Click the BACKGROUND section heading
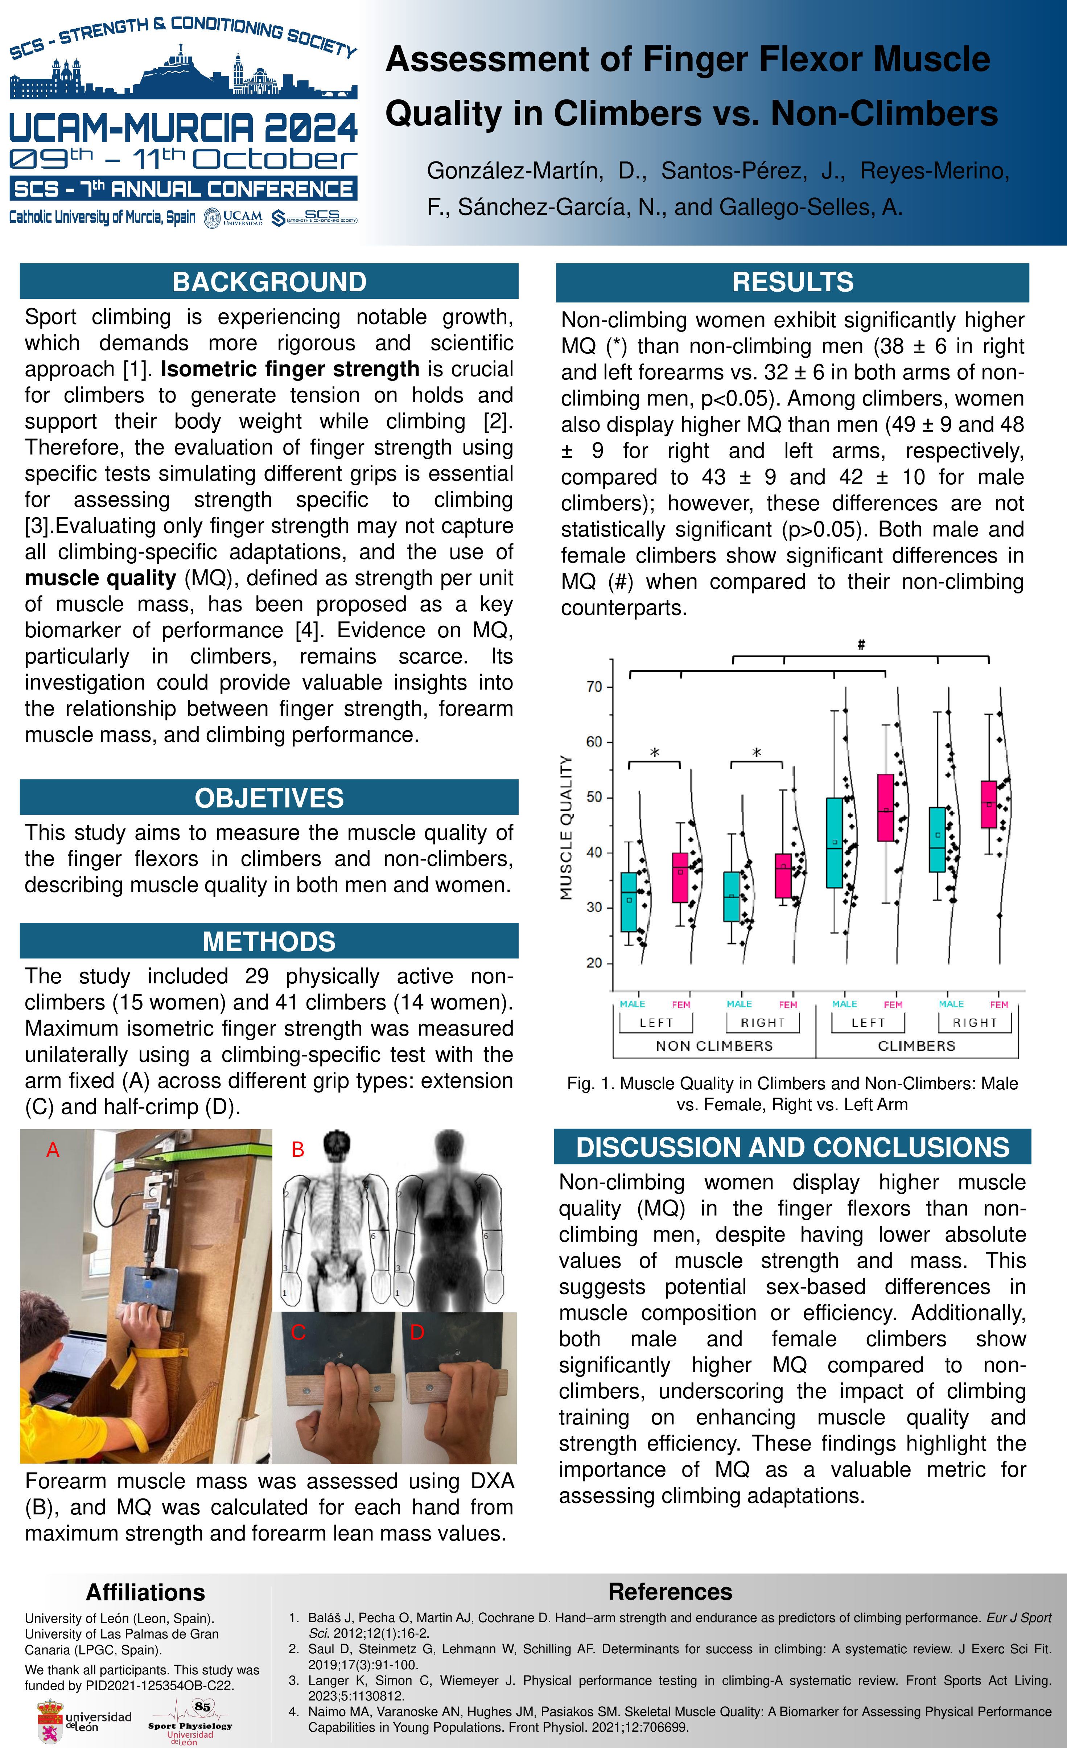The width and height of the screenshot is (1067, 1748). click(x=269, y=281)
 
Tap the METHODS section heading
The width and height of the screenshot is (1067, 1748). click(x=269, y=941)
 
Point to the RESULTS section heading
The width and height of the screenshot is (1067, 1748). click(x=792, y=281)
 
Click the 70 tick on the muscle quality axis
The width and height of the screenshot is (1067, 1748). click(x=594, y=687)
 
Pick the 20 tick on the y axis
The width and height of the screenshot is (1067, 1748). click(x=594, y=963)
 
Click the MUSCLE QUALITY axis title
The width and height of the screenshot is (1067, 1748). click(x=566, y=828)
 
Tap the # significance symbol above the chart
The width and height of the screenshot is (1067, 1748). click(x=861, y=644)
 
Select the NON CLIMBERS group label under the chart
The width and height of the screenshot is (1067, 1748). click(x=714, y=1046)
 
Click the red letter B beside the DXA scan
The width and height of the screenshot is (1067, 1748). click(x=298, y=1149)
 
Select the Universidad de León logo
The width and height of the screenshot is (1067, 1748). click(x=84, y=1720)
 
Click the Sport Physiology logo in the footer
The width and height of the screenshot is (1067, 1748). click(x=190, y=1720)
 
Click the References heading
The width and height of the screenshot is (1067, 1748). click(x=670, y=1591)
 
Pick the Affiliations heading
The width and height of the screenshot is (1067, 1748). click(x=145, y=1592)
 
